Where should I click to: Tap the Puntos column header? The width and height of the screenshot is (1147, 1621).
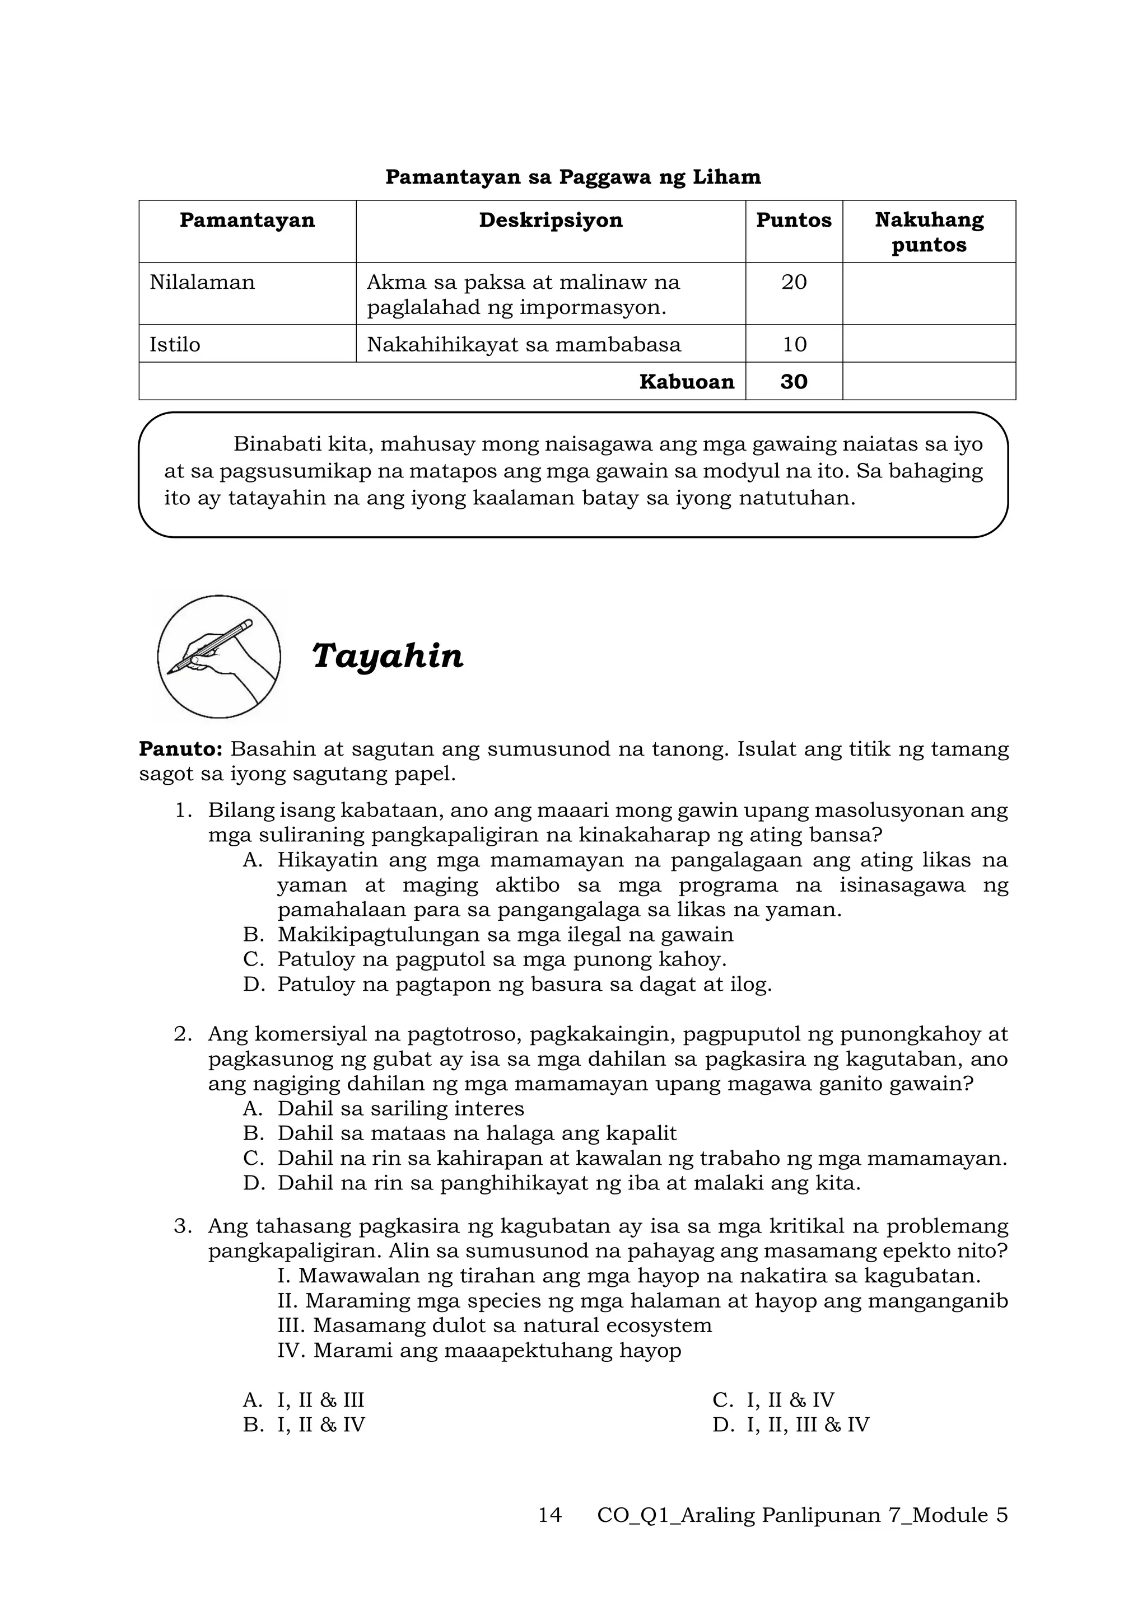coord(793,221)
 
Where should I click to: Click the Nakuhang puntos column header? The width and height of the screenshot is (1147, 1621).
coord(928,232)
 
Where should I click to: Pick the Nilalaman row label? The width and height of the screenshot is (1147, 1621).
coord(202,283)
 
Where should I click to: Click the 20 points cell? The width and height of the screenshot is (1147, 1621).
coord(793,283)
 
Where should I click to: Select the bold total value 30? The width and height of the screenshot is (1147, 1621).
coord(793,382)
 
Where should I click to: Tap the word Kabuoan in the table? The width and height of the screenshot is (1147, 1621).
coord(686,382)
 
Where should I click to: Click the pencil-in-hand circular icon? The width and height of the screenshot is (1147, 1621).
coord(219,657)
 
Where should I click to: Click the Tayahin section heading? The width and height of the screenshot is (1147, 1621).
coord(387,656)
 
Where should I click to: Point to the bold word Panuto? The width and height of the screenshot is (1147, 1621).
coord(181,748)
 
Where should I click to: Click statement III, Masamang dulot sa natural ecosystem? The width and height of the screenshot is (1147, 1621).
coord(495,1325)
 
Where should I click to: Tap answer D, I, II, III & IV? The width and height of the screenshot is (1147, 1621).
coord(806,1425)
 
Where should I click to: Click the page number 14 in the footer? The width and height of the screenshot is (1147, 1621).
coord(549,1515)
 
